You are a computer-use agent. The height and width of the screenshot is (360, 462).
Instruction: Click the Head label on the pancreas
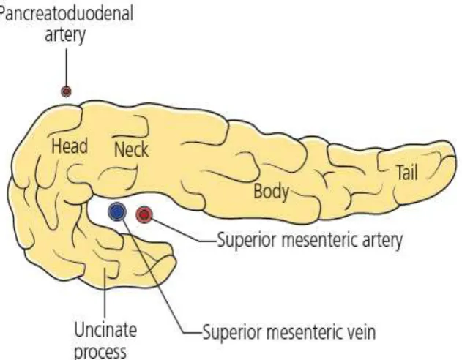(70, 146)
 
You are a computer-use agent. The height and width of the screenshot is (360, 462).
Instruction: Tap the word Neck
(131, 149)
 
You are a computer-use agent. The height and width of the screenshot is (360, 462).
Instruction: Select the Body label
(272, 192)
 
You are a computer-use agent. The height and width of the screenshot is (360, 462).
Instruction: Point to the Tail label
(408, 172)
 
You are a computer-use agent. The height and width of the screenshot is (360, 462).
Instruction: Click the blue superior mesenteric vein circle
(117, 211)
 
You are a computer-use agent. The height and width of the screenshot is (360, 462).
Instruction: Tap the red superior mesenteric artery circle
(144, 214)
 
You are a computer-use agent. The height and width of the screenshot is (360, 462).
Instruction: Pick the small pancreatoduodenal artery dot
(67, 91)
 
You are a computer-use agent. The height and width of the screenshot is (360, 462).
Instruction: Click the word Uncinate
(105, 330)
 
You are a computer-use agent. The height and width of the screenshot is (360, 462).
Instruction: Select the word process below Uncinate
(100, 352)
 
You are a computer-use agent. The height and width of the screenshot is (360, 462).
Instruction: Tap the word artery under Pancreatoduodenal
(65, 35)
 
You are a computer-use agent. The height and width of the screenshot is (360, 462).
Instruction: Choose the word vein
(362, 332)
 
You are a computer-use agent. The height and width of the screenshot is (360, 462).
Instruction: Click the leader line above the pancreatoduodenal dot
(66, 67)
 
